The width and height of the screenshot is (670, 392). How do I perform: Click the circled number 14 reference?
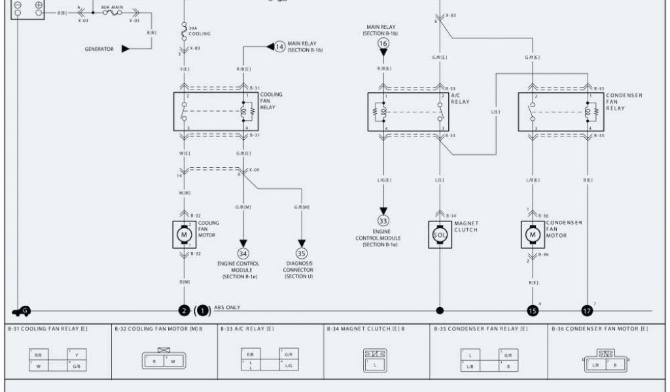280,46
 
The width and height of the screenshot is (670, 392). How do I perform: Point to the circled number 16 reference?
383,43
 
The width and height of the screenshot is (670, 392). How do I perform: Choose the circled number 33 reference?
383,220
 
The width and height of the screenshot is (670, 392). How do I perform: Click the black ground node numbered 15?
533,311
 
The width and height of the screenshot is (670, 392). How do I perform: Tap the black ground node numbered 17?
587,311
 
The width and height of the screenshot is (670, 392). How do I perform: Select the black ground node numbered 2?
185,311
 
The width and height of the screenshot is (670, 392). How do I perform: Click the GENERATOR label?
99,48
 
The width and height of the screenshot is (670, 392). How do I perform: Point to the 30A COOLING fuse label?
199,31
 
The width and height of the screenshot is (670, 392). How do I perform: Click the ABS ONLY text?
227,307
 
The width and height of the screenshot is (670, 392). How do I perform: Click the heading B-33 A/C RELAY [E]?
247,329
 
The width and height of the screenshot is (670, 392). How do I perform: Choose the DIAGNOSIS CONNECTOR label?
298,270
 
